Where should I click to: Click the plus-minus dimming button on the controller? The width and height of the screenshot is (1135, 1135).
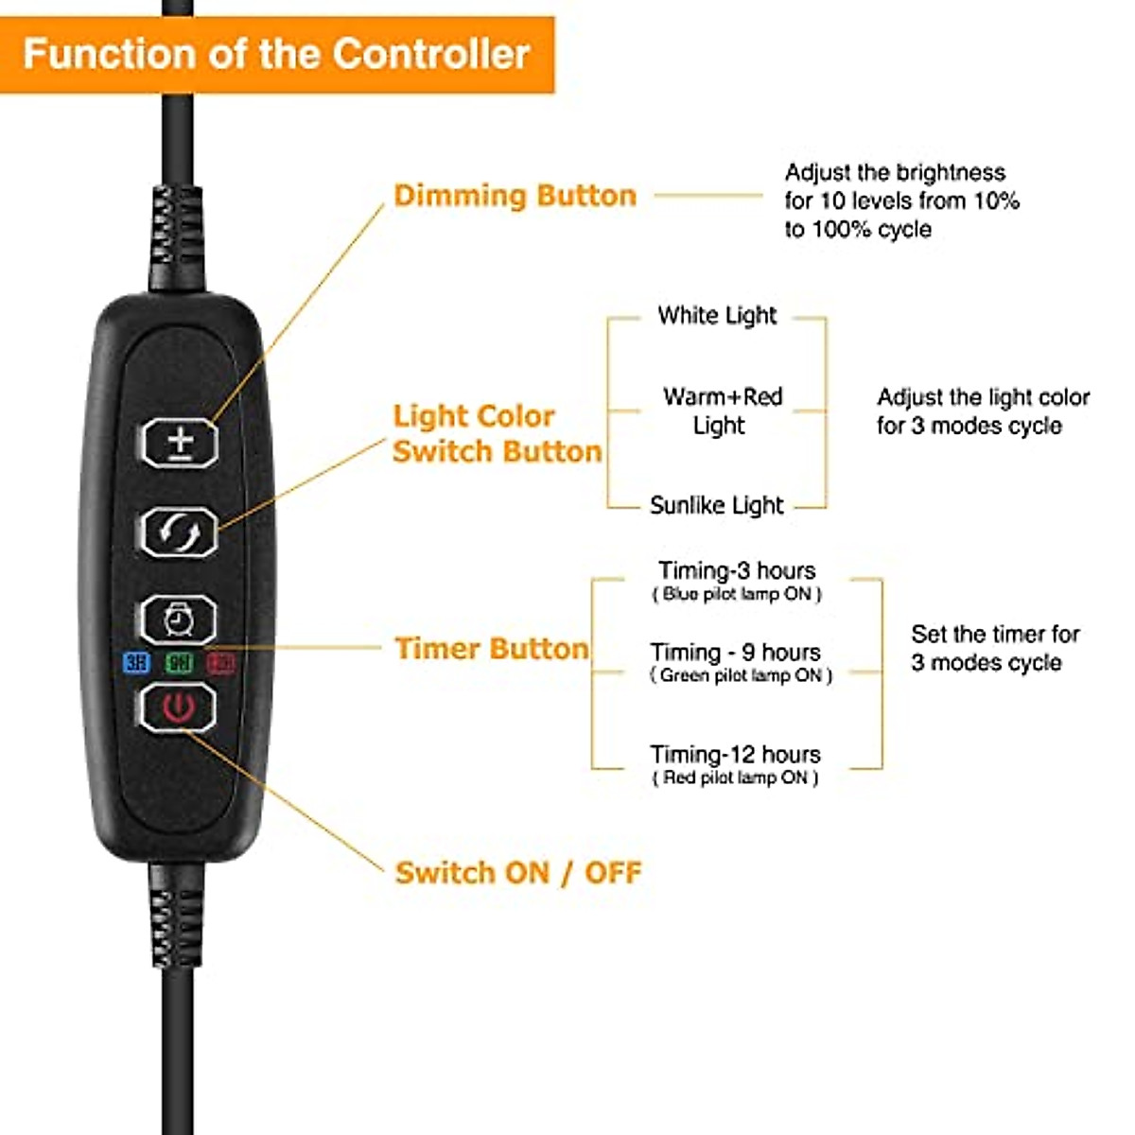[180, 443]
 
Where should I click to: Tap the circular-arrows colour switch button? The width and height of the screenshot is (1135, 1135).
[179, 533]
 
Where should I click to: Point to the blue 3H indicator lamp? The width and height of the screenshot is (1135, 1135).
[137, 662]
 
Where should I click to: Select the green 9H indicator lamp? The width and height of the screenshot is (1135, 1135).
[179, 662]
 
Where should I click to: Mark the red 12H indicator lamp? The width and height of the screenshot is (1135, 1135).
[221, 662]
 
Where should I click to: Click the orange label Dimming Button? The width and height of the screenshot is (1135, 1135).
[515, 196]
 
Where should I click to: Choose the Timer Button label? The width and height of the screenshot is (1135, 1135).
[491, 649]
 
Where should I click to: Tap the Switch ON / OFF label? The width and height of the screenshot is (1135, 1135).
[517, 872]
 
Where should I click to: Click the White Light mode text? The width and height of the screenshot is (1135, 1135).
[717, 316]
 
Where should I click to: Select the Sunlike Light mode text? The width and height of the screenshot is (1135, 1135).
[716, 506]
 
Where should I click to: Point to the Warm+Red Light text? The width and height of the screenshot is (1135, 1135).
[722, 410]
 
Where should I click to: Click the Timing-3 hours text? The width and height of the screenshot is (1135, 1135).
[737, 571]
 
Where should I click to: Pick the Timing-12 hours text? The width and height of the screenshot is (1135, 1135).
[735, 755]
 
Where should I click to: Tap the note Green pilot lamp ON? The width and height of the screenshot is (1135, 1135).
[741, 675]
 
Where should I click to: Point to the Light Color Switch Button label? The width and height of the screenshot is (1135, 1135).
[497, 433]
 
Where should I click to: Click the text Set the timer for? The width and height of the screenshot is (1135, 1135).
[995, 634]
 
